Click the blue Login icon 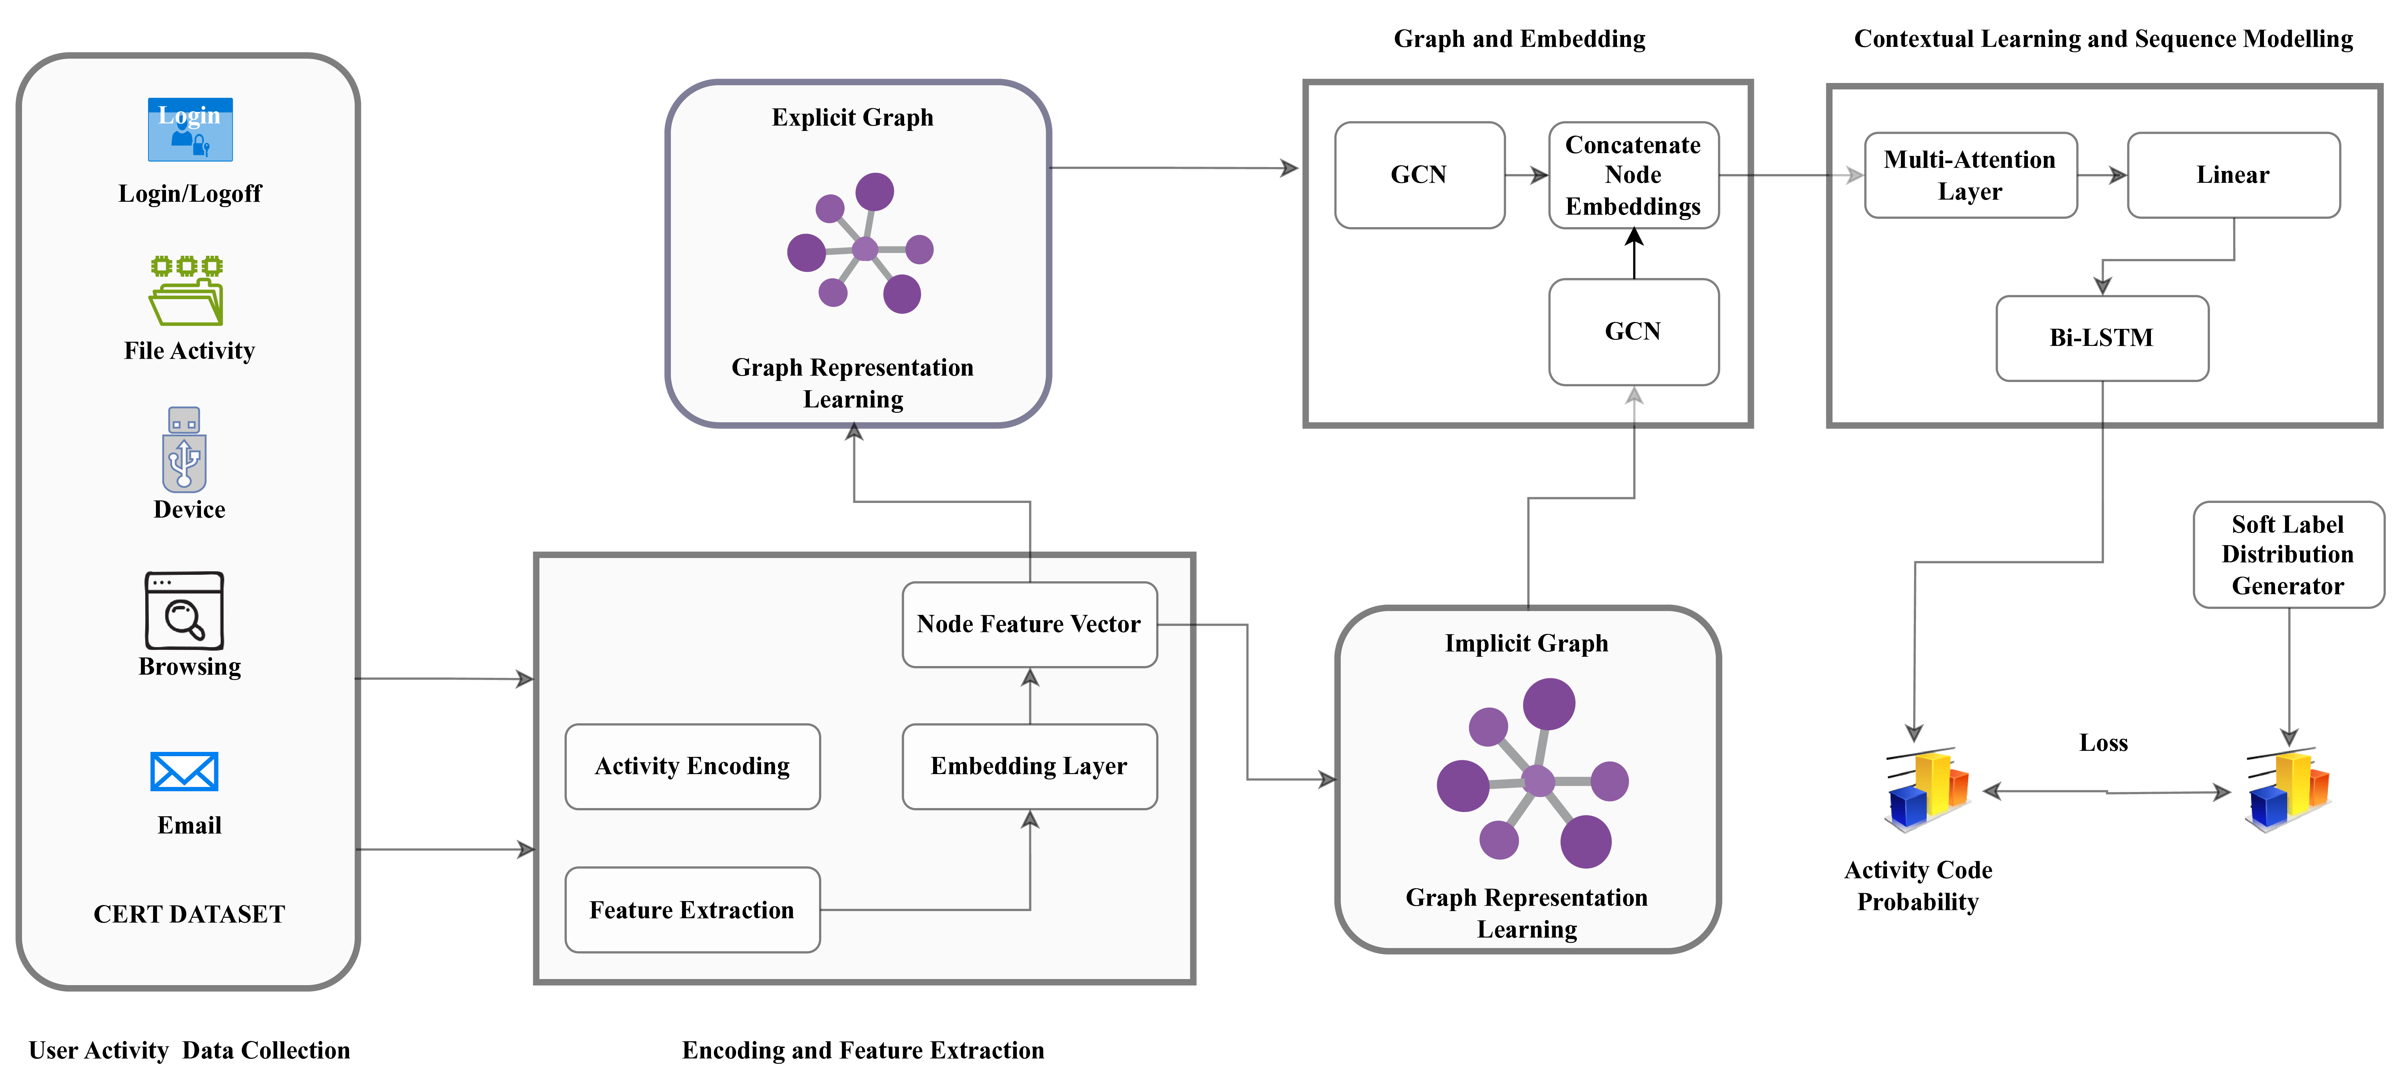tap(190, 129)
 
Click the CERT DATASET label tap(189, 914)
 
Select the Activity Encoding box tap(692, 767)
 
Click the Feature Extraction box tap(692, 910)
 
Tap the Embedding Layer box tap(1029, 767)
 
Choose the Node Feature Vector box tap(1029, 624)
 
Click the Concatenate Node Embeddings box tap(1633, 175)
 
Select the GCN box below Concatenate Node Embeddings tap(1633, 332)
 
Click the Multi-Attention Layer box tap(1969, 175)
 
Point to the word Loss tap(2104, 743)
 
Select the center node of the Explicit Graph tap(865, 249)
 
